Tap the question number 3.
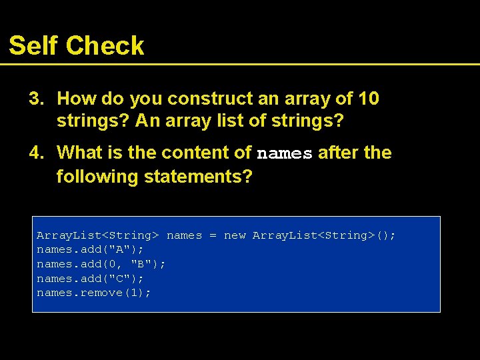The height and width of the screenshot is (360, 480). pos(36,99)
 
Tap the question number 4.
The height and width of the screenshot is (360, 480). pos(36,153)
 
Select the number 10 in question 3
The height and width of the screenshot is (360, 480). pos(369,99)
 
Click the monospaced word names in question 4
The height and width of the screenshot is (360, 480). pos(285,153)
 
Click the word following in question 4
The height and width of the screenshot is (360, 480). pos(97,177)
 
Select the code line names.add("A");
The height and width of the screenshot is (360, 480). pos(90,249)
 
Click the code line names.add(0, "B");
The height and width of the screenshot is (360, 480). pos(101,264)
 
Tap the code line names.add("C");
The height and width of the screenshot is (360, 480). pos(90,279)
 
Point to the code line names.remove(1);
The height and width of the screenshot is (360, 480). pos(94,293)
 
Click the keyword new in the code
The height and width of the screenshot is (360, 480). pos(235,235)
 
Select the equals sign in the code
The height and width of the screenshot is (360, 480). pos(213,235)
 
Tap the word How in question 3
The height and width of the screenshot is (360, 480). pos(74,99)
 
